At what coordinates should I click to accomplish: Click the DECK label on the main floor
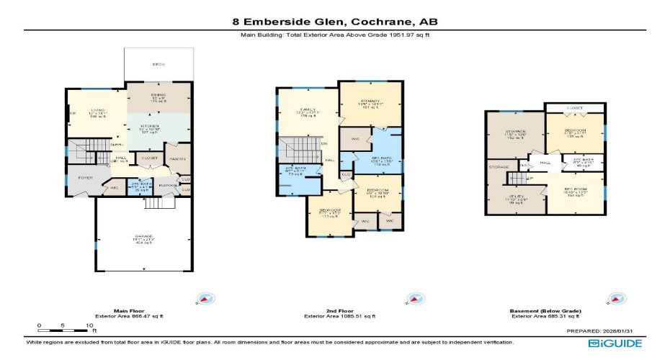[x=158, y=65]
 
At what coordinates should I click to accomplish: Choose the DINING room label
[x=158, y=95]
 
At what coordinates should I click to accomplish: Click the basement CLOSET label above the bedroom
[x=574, y=108]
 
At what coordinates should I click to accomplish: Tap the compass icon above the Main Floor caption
[x=204, y=299]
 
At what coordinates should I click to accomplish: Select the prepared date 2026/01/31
[x=626, y=330]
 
